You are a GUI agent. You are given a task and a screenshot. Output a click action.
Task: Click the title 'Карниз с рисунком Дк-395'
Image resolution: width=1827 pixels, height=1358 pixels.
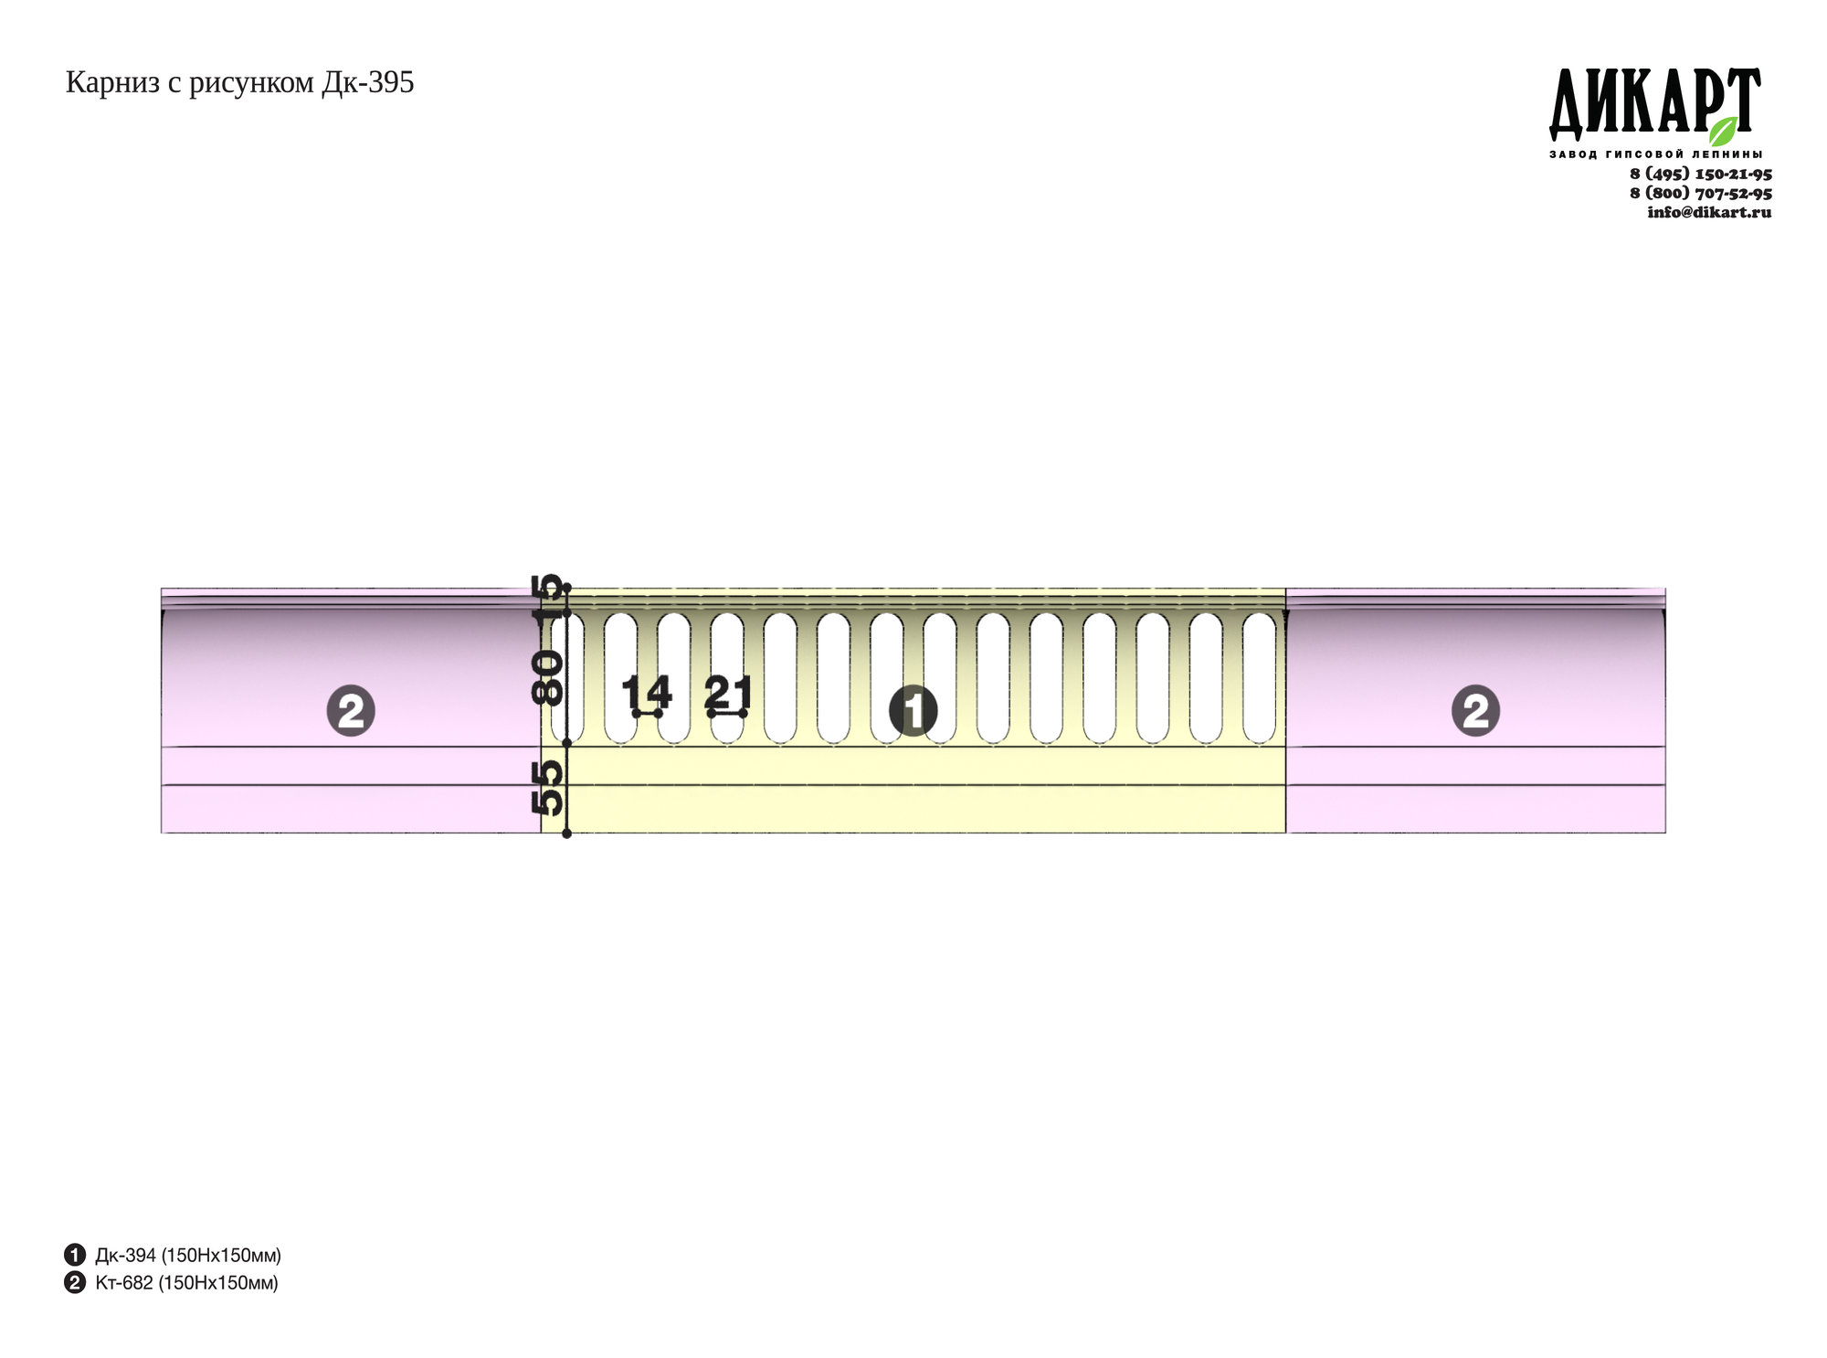239,83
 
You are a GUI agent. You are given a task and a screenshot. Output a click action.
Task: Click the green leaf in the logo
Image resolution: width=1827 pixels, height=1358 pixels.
1724,131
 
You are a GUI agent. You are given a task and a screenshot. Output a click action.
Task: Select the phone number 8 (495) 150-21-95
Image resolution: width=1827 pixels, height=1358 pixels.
1701,174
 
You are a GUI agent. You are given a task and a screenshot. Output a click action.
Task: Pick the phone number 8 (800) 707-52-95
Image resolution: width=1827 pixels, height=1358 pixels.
1701,193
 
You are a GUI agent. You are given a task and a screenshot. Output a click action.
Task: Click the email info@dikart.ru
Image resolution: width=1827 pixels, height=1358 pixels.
1709,212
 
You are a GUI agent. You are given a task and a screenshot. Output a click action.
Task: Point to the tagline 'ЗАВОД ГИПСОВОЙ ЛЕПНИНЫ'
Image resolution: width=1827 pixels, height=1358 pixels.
1655,154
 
